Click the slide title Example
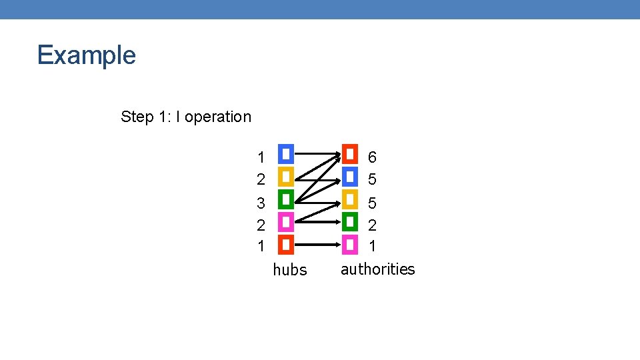pos(87,55)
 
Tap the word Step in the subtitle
pos(137,117)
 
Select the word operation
pos(218,117)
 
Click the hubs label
pos(290,270)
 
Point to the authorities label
pos(377,269)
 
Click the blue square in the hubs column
pos(285,155)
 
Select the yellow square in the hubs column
pos(285,177)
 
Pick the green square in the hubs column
pos(285,199)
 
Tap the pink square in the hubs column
pos(285,222)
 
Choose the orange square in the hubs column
pos(285,245)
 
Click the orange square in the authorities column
pos(350,155)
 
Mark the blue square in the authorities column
pos(350,177)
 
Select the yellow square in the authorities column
pos(350,199)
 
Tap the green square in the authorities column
pos(350,222)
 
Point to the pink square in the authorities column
pos(350,245)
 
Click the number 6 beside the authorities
pos(372,157)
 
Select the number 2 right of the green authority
pos(372,225)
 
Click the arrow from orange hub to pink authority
pos(317,245)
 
